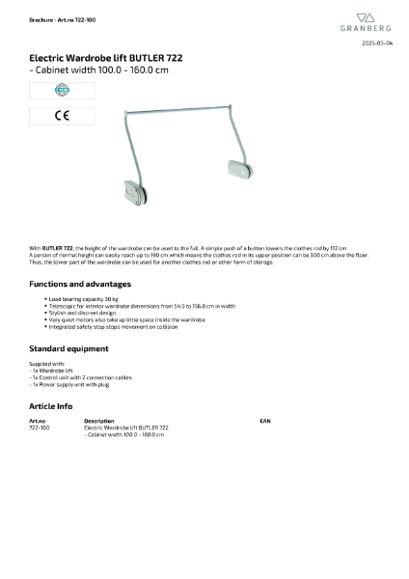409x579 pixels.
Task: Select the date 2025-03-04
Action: pos(377,44)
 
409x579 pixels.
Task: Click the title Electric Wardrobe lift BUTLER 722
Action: pos(105,59)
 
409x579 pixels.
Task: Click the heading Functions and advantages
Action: pos(79,285)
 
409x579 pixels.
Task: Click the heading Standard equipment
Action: pos(68,347)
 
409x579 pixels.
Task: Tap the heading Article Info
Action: pos(50,406)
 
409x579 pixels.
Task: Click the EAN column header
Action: pos(266,421)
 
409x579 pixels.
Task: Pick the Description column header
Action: pos(99,421)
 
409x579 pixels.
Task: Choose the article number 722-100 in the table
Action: pos(39,427)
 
